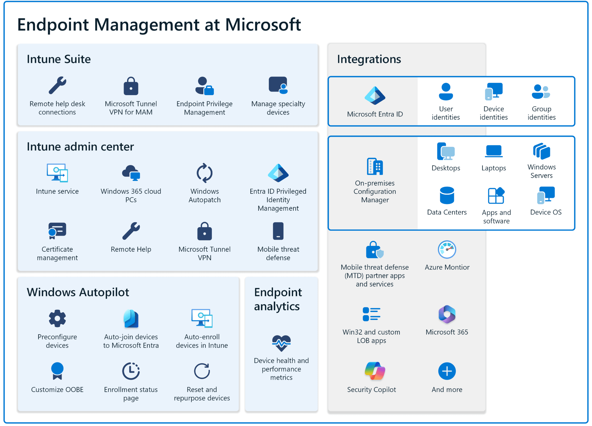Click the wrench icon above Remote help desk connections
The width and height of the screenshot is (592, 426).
(57, 85)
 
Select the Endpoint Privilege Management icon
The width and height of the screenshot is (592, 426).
(204, 86)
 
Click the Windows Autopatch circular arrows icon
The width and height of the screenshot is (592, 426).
(204, 173)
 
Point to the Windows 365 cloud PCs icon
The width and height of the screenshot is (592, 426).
(131, 173)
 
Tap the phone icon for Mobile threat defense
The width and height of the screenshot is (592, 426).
(278, 231)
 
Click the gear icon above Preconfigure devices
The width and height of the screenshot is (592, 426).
(57, 319)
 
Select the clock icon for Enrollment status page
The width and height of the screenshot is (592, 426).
(131, 371)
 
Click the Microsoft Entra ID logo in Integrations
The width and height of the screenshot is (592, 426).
(375, 96)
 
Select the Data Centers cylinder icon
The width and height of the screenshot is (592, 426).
(447, 195)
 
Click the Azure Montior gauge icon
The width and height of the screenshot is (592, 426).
(447, 250)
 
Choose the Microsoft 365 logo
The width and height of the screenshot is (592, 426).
(447, 314)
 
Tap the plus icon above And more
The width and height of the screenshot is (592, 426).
(447, 371)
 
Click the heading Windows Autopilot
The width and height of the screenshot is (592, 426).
(78, 292)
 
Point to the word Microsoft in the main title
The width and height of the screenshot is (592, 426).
(263, 25)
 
